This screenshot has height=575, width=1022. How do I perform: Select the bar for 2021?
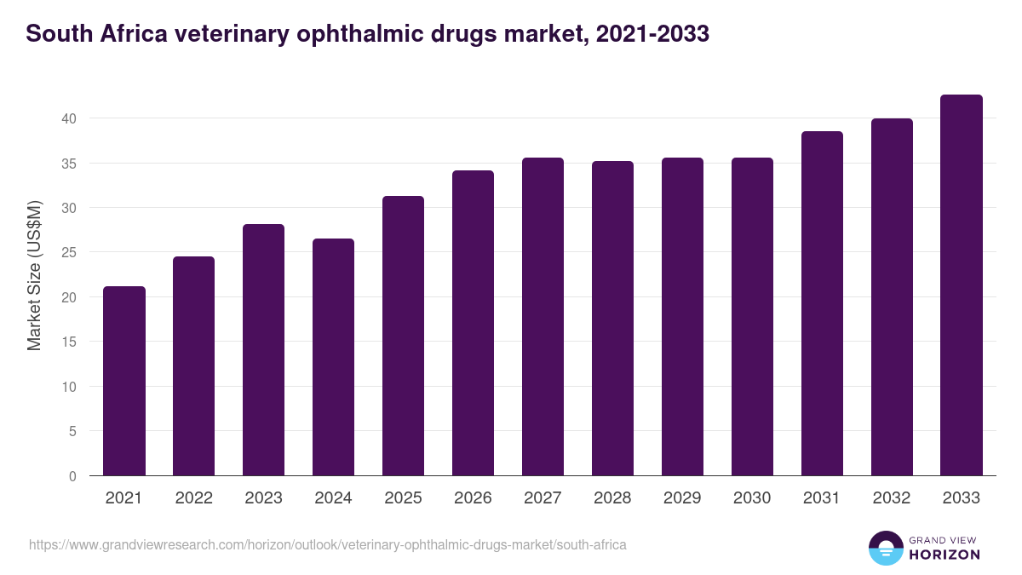coord(124,381)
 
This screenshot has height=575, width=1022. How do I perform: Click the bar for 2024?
coord(333,357)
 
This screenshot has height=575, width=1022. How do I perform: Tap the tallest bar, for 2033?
coord(962,285)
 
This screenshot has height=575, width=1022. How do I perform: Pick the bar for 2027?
coord(543,317)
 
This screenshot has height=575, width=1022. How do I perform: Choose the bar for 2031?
coord(822,303)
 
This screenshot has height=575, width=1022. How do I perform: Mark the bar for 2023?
coord(263,350)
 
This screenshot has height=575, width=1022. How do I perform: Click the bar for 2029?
coord(682,317)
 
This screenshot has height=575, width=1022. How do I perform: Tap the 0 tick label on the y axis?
coord(72,476)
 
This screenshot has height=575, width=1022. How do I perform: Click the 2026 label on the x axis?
coord(473,498)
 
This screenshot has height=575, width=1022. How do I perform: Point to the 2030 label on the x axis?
coord(752,498)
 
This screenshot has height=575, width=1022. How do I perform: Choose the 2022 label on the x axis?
coord(193,498)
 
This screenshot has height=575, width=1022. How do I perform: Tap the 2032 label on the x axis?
coord(892,498)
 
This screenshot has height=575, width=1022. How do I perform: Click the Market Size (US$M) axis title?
coord(34,274)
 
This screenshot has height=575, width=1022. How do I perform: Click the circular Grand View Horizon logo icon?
coord(886,549)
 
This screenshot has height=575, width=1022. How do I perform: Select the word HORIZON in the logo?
coord(944,555)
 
